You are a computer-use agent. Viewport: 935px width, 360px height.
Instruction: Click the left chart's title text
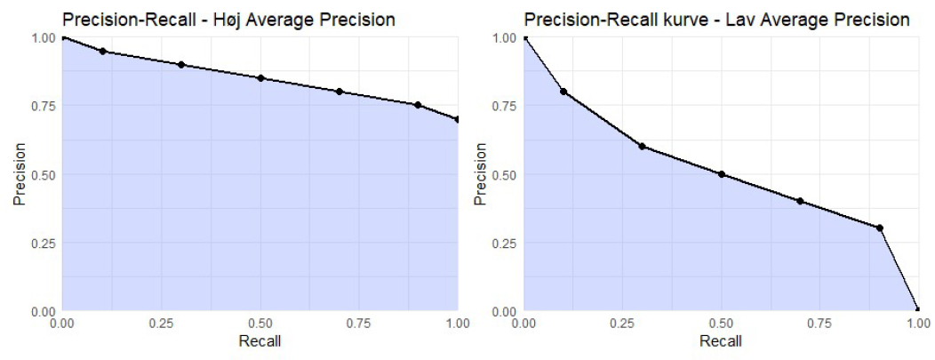pos(230,17)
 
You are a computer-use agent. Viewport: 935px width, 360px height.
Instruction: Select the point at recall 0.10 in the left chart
pos(102,52)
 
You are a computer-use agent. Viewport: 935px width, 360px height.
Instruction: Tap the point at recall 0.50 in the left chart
pos(260,78)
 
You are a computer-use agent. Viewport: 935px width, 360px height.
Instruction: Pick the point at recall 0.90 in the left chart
pos(418,105)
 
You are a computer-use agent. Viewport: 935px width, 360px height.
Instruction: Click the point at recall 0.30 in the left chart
pos(181,65)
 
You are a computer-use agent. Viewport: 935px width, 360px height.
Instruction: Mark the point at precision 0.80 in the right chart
pos(563,92)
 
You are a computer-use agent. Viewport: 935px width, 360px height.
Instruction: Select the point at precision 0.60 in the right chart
pos(642,147)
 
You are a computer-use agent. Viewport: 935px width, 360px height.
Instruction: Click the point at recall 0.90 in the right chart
pos(879,228)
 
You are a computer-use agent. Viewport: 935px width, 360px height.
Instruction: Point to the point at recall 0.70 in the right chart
pos(800,201)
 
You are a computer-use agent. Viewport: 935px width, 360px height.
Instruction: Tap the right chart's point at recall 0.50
pos(722,174)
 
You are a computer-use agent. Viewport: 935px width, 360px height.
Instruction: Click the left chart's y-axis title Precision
pos(19,174)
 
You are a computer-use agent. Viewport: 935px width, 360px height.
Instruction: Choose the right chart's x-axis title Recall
pos(722,341)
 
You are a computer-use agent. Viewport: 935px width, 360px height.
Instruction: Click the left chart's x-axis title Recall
pos(260,341)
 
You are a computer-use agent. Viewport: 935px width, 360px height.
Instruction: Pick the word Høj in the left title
pos(210,17)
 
